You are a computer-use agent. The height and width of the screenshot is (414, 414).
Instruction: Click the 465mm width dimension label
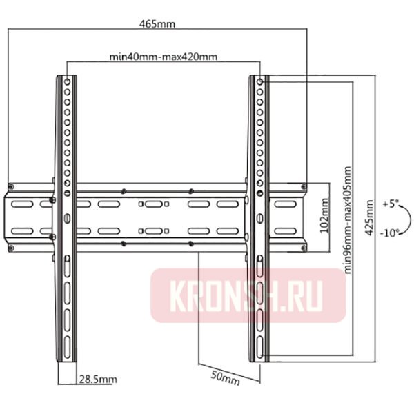point(157,23)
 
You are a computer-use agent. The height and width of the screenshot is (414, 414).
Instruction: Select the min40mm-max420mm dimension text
point(164,57)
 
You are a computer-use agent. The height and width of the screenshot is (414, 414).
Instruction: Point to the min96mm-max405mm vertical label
point(347,219)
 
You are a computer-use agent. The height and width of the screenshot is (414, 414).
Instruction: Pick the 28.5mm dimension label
point(97,379)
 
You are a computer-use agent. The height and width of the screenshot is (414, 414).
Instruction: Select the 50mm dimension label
point(226,378)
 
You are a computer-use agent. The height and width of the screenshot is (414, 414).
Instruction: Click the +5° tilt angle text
point(390,204)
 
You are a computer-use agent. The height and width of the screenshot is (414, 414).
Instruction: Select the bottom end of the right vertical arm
point(258,361)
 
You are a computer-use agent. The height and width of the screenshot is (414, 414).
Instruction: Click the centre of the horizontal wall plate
point(157,214)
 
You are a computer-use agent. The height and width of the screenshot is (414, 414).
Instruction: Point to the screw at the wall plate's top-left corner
point(11,186)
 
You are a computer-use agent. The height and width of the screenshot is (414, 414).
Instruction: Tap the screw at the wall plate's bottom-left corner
point(11,244)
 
